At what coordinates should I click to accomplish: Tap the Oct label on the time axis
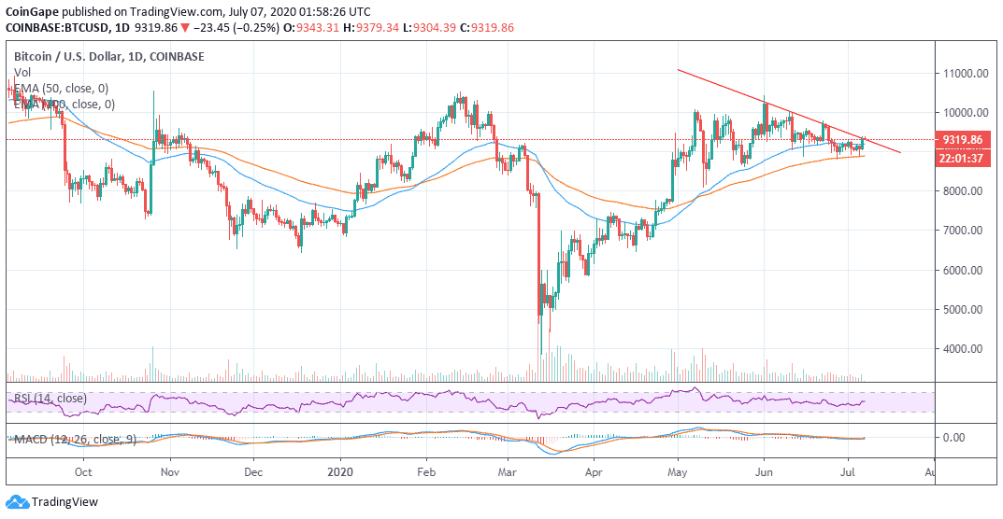(x=82, y=473)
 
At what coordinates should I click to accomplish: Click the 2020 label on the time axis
(x=340, y=473)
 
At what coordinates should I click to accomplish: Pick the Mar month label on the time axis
(x=509, y=473)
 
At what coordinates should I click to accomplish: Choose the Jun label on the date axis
(x=764, y=473)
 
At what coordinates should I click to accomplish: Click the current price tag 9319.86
(x=962, y=139)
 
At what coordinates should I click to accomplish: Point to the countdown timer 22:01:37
(x=962, y=158)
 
